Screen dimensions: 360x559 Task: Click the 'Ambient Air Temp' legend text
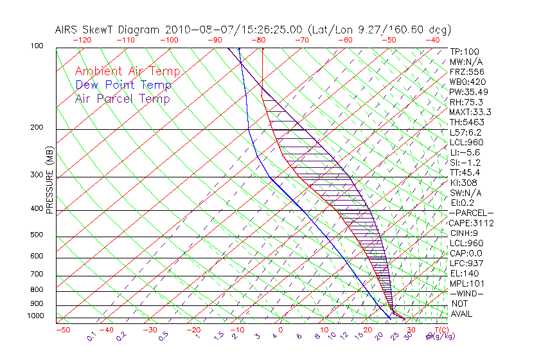pyautogui.click(x=127, y=71)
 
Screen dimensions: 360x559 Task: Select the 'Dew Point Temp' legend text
pyautogui.click(x=123, y=85)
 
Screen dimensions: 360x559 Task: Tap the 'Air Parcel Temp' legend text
pyautogui.click(x=122, y=98)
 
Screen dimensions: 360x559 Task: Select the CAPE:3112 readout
pyautogui.click(x=472, y=223)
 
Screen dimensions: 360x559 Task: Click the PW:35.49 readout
pyautogui.click(x=469, y=92)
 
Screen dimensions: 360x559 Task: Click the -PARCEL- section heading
pyautogui.click(x=471, y=213)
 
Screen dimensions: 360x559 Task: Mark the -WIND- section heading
pyautogui.click(x=467, y=293)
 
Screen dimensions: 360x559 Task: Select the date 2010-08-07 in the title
pyautogui.click(x=191, y=29)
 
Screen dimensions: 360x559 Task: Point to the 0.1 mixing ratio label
pyautogui.click(x=91, y=336)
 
